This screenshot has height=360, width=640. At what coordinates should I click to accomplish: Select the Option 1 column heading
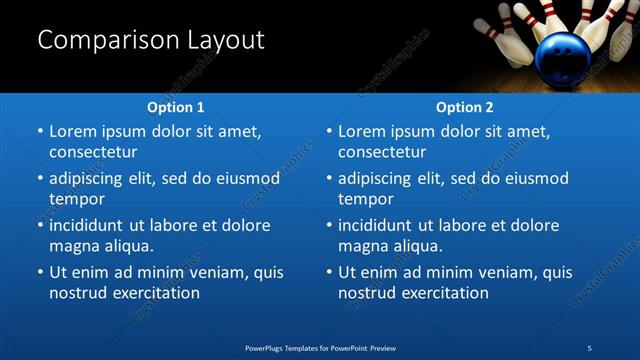[175, 107]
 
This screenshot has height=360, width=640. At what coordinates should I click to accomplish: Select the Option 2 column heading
[464, 107]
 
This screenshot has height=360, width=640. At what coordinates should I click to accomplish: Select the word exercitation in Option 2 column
[441, 293]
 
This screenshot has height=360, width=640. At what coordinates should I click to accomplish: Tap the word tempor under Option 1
[77, 198]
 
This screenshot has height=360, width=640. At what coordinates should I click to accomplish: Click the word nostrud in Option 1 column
[79, 293]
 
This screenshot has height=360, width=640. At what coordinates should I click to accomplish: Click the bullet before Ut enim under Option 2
[330, 272]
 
